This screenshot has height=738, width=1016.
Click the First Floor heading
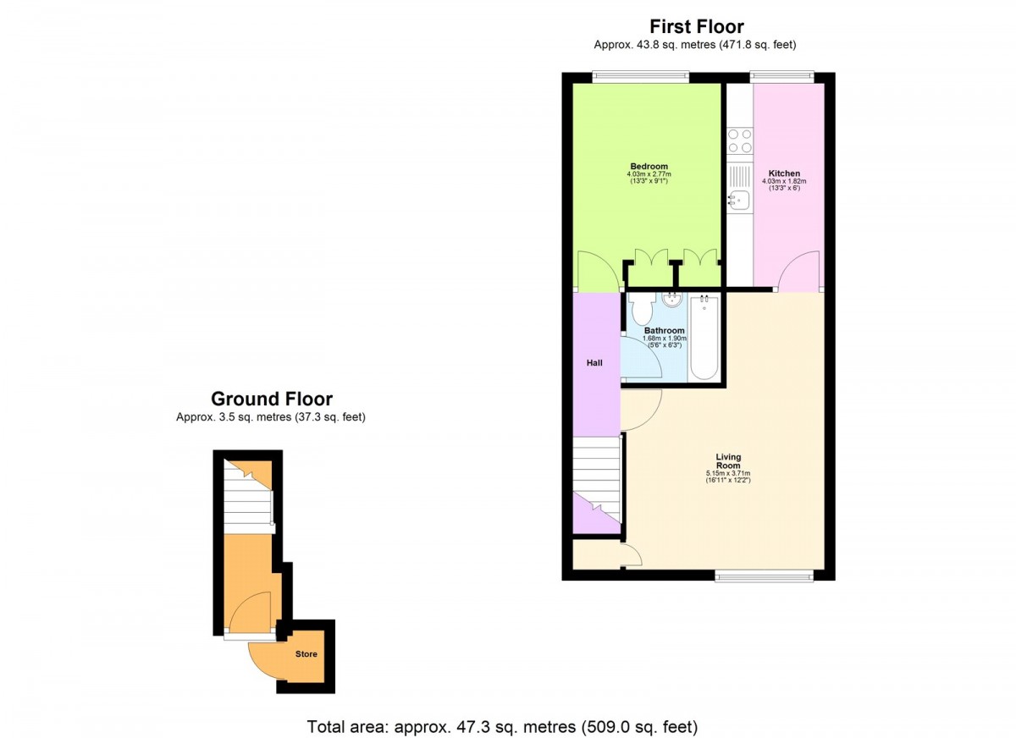pyautogui.click(x=697, y=27)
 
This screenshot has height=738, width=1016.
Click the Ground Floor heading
pyautogui.click(x=272, y=399)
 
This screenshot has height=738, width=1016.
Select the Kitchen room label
pyautogui.click(x=784, y=173)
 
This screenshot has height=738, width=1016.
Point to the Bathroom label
pyautogui.click(x=665, y=330)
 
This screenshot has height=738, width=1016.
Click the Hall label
pyautogui.click(x=594, y=363)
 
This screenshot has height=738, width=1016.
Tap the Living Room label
pyautogui.click(x=728, y=461)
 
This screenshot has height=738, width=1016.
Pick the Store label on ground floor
pyautogui.click(x=306, y=654)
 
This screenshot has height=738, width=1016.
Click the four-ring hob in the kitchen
pyautogui.click(x=740, y=140)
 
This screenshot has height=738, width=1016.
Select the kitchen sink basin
pyautogui.click(x=740, y=200)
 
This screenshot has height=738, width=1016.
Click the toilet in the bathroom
pyautogui.click(x=641, y=307)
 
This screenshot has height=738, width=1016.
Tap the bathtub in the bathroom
pyautogui.click(x=704, y=338)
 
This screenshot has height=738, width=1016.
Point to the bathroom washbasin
pyautogui.click(x=671, y=300)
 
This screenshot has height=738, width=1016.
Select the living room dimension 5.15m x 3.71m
pyautogui.click(x=728, y=473)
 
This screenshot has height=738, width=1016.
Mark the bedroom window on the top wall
pyautogui.click(x=640, y=77)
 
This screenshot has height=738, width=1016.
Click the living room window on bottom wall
pyautogui.click(x=765, y=576)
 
